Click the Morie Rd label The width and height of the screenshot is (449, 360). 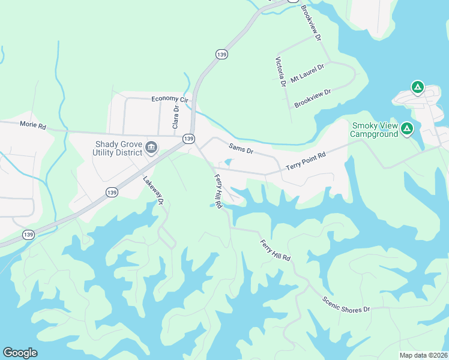click(x=32, y=125)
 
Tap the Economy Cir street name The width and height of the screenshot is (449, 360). click(x=170, y=99)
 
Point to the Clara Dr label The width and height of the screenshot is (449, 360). click(x=176, y=117)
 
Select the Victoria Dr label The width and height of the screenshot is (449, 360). click(x=280, y=72)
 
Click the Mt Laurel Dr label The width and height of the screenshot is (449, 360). click(x=307, y=73)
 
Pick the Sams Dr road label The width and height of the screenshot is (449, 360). click(x=241, y=148)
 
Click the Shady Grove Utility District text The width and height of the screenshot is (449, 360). click(x=118, y=148)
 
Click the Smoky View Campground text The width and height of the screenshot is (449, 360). click(x=375, y=130)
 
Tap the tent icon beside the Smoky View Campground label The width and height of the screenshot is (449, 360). click(x=407, y=128)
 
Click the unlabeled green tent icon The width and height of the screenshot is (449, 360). click(x=418, y=88)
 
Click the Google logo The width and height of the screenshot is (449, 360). click(x=20, y=353)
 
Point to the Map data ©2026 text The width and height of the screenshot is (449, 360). click(x=423, y=355)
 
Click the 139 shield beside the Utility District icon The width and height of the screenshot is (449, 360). click(x=188, y=139)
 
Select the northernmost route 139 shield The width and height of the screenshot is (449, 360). click(x=293, y=1)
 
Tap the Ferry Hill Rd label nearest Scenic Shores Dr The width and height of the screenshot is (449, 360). click(x=276, y=250)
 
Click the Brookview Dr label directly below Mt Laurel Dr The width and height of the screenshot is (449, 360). click(x=313, y=99)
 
